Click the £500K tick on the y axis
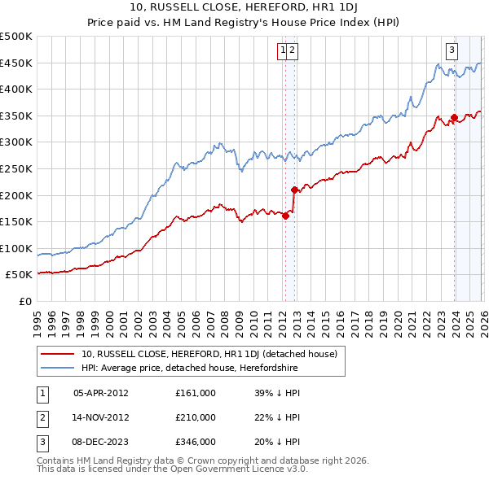[16, 37]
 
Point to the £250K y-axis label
[16, 168]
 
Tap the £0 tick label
[26, 301]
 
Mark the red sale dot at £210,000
[294, 190]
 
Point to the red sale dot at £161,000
[285, 216]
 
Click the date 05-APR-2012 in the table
[100, 393]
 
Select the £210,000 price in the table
[196, 417]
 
